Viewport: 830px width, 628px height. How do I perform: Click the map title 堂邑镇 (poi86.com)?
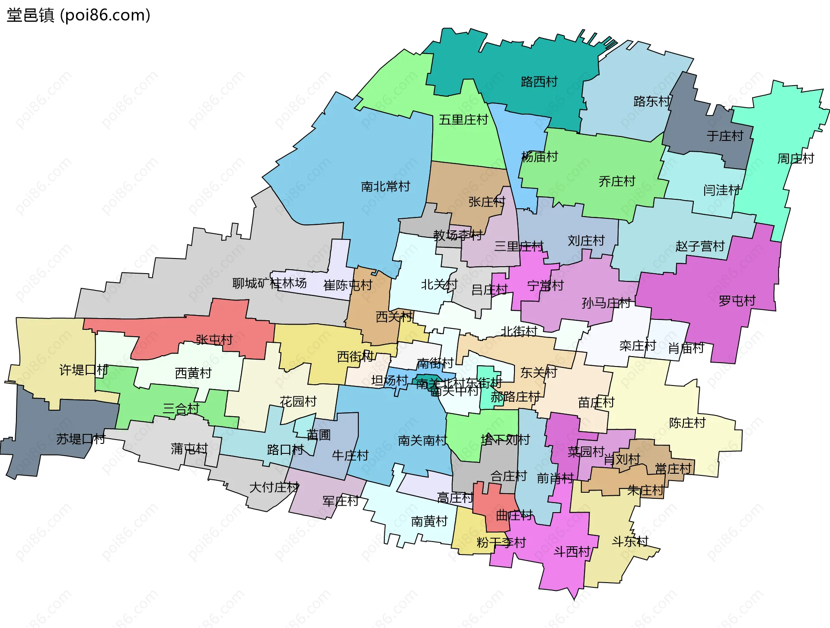78,16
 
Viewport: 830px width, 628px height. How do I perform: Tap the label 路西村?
539,82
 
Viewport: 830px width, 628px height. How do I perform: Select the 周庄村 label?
795,159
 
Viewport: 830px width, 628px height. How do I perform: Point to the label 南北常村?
385,187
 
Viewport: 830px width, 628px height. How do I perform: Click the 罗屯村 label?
737,301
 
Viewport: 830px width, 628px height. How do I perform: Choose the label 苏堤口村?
81,439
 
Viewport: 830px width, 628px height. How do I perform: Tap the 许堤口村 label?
83,370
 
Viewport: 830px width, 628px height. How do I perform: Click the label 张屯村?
214,340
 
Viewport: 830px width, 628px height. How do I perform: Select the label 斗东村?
630,542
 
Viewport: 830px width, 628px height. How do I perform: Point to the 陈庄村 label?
687,423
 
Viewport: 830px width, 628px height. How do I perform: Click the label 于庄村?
725,136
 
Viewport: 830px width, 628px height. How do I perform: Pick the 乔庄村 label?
616,182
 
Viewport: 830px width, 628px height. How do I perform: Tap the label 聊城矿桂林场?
269,284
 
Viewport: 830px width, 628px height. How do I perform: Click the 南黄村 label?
429,522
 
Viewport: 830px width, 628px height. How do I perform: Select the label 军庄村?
340,501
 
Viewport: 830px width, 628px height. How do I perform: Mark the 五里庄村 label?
463,120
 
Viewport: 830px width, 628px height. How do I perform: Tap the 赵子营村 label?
699,246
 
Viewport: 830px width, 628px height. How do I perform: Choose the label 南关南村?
422,440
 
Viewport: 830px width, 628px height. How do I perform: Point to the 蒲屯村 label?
189,449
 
